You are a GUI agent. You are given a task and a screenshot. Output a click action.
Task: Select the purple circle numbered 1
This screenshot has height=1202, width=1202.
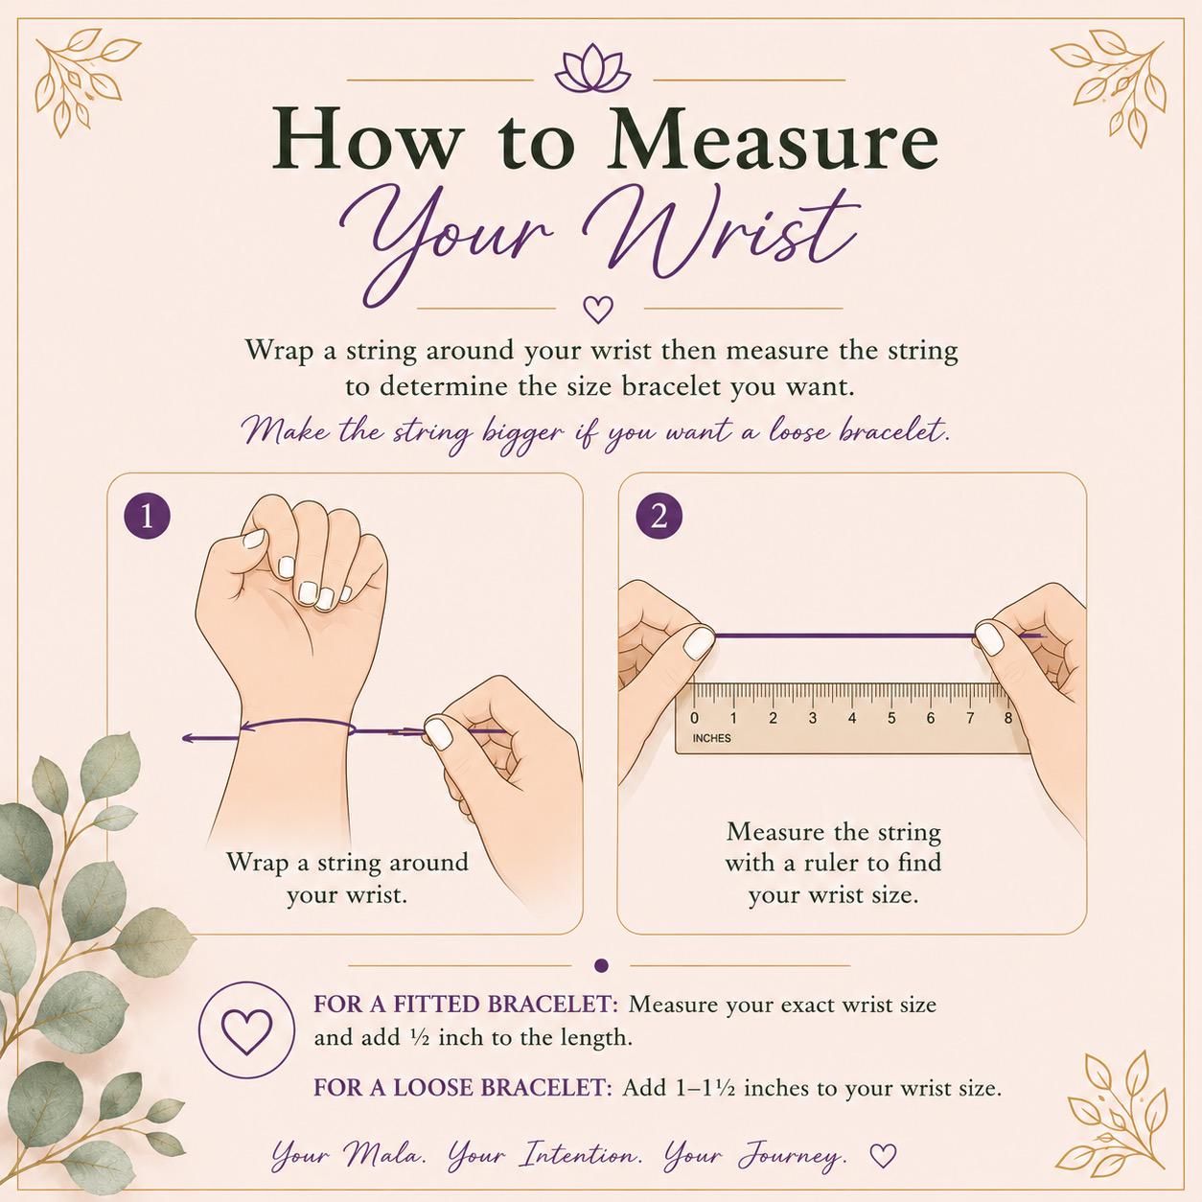click(x=148, y=517)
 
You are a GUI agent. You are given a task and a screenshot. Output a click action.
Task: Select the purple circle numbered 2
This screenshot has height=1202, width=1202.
click(x=659, y=517)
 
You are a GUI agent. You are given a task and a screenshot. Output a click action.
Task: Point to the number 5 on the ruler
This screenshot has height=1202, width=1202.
click(x=892, y=718)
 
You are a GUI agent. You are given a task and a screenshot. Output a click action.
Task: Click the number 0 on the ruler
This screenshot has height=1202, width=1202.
click(x=694, y=718)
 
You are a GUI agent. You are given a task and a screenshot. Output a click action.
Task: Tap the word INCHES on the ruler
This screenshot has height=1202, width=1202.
click(x=712, y=738)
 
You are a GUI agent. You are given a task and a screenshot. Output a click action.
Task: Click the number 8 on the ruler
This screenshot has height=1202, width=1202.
click(x=1008, y=718)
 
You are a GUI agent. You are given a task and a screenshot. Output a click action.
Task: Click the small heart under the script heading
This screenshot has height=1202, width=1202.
click(x=598, y=308)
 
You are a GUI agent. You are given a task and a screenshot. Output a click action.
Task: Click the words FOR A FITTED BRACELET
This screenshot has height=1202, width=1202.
click(x=465, y=1005)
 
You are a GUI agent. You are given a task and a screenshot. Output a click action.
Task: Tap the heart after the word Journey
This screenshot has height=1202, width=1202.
click(x=883, y=1155)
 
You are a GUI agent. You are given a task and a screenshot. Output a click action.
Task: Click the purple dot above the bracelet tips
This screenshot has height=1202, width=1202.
click(x=601, y=965)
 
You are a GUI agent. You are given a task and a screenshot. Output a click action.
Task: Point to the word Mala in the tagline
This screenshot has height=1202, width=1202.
click(x=386, y=1155)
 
